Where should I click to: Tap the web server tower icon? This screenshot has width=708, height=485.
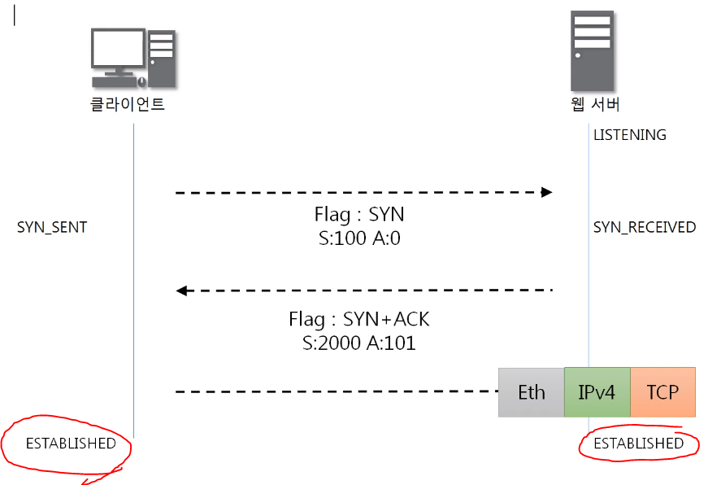click(592, 50)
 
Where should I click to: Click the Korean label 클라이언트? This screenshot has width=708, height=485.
click(128, 105)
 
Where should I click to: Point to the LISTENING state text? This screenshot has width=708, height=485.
click(629, 135)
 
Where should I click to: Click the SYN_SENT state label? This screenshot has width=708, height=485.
click(52, 228)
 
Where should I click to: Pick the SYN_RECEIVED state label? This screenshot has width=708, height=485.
click(644, 228)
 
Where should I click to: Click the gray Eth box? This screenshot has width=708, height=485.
click(531, 392)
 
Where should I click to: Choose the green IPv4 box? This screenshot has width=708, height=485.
click(597, 392)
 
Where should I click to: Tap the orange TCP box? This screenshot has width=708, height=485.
click(662, 392)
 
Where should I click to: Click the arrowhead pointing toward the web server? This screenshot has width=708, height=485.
click(547, 193)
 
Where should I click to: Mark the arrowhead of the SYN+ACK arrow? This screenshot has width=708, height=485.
click(182, 291)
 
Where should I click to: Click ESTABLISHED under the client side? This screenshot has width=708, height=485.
click(71, 444)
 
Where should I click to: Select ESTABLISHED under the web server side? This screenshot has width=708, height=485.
click(638, 443)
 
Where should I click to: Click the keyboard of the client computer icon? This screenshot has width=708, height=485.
click(114, 81)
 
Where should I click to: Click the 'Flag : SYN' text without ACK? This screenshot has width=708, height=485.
click(359, 215)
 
